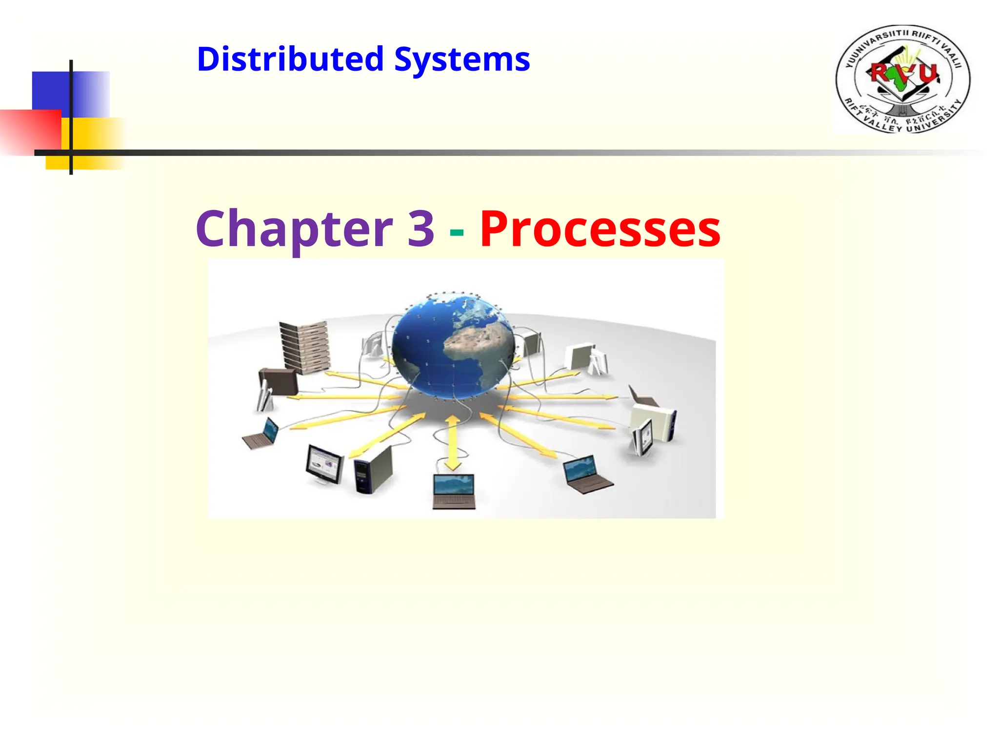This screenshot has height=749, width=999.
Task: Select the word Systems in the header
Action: [462, 59]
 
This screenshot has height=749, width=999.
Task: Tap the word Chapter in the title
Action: [294, 228]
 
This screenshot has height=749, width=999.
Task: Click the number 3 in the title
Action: [420, 227]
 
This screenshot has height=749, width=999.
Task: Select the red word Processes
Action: [600, 228]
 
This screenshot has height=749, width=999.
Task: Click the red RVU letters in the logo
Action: [904, 73]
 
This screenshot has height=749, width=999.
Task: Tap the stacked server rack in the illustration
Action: [304, 347]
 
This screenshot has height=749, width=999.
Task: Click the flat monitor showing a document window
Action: [324, 464]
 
